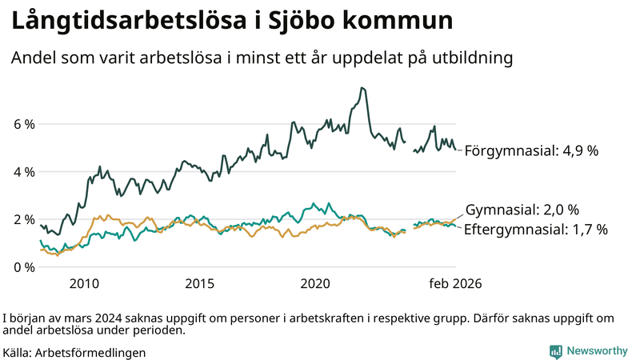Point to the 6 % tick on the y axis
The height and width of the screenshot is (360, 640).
[x=24, y=125]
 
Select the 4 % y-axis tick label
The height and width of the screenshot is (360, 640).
[x=24, y=172]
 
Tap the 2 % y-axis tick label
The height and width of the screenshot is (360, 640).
[x=24, y=219]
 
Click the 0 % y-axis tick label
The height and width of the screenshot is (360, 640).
[x=24, y=266]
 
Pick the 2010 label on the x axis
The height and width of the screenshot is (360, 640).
[x=84, y=284]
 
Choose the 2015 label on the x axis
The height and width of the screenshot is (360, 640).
[x=199, y=284]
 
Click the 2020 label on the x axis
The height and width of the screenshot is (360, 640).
[x=315, y=284]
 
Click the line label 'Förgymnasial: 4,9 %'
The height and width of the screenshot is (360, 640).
[x=531, y=150]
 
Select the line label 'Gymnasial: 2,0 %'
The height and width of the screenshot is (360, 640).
[x=522, y=210]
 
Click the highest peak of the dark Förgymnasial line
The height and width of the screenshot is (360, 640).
[x=362, y=88]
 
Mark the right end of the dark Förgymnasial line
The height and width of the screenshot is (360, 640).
[x=456, y=150]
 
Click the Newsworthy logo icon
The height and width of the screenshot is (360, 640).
[x=555, y=350]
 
